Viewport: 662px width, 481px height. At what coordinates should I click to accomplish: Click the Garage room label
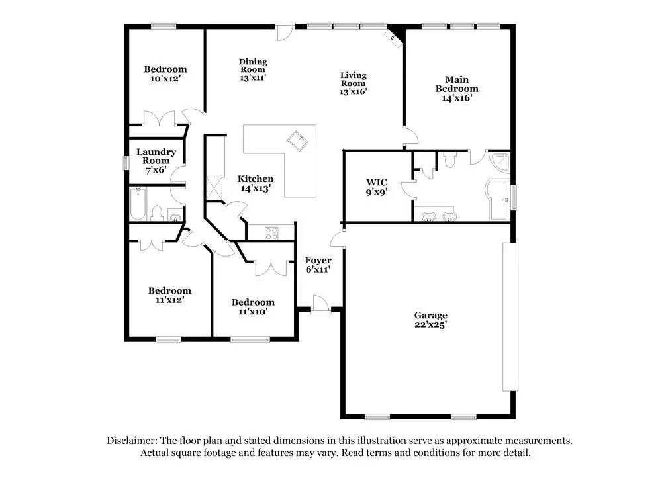pos(431,316)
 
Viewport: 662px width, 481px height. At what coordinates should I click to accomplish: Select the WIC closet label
pos(376,182)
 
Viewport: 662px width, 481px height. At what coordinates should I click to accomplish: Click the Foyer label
pos(318,260)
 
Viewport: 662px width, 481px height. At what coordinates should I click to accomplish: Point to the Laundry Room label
pos(156,156)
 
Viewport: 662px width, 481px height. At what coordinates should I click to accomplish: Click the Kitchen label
pos(256,179)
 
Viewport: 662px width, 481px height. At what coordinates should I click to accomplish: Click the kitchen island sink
pos(297,140)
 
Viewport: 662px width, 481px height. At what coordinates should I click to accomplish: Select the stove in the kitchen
pos(272,232)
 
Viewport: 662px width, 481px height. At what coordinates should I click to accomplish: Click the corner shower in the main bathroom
pos(500,163)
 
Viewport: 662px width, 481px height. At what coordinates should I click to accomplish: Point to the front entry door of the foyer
pos(321,305)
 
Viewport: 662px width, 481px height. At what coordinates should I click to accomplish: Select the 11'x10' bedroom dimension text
pos(253,312)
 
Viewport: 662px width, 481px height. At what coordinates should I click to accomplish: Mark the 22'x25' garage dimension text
pos(431,325)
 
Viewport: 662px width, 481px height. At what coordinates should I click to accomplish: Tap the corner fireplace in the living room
pos(395,37)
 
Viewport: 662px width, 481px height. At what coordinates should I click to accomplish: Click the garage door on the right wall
pos(510,318)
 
